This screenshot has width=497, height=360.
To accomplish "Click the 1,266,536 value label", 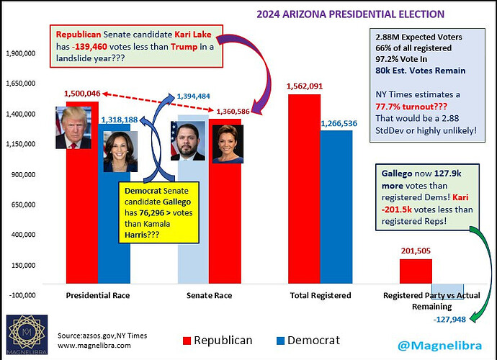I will tap(337, 123).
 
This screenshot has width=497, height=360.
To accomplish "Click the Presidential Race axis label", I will tap(97, 296).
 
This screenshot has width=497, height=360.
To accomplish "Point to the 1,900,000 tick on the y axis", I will tap(23, 53).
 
